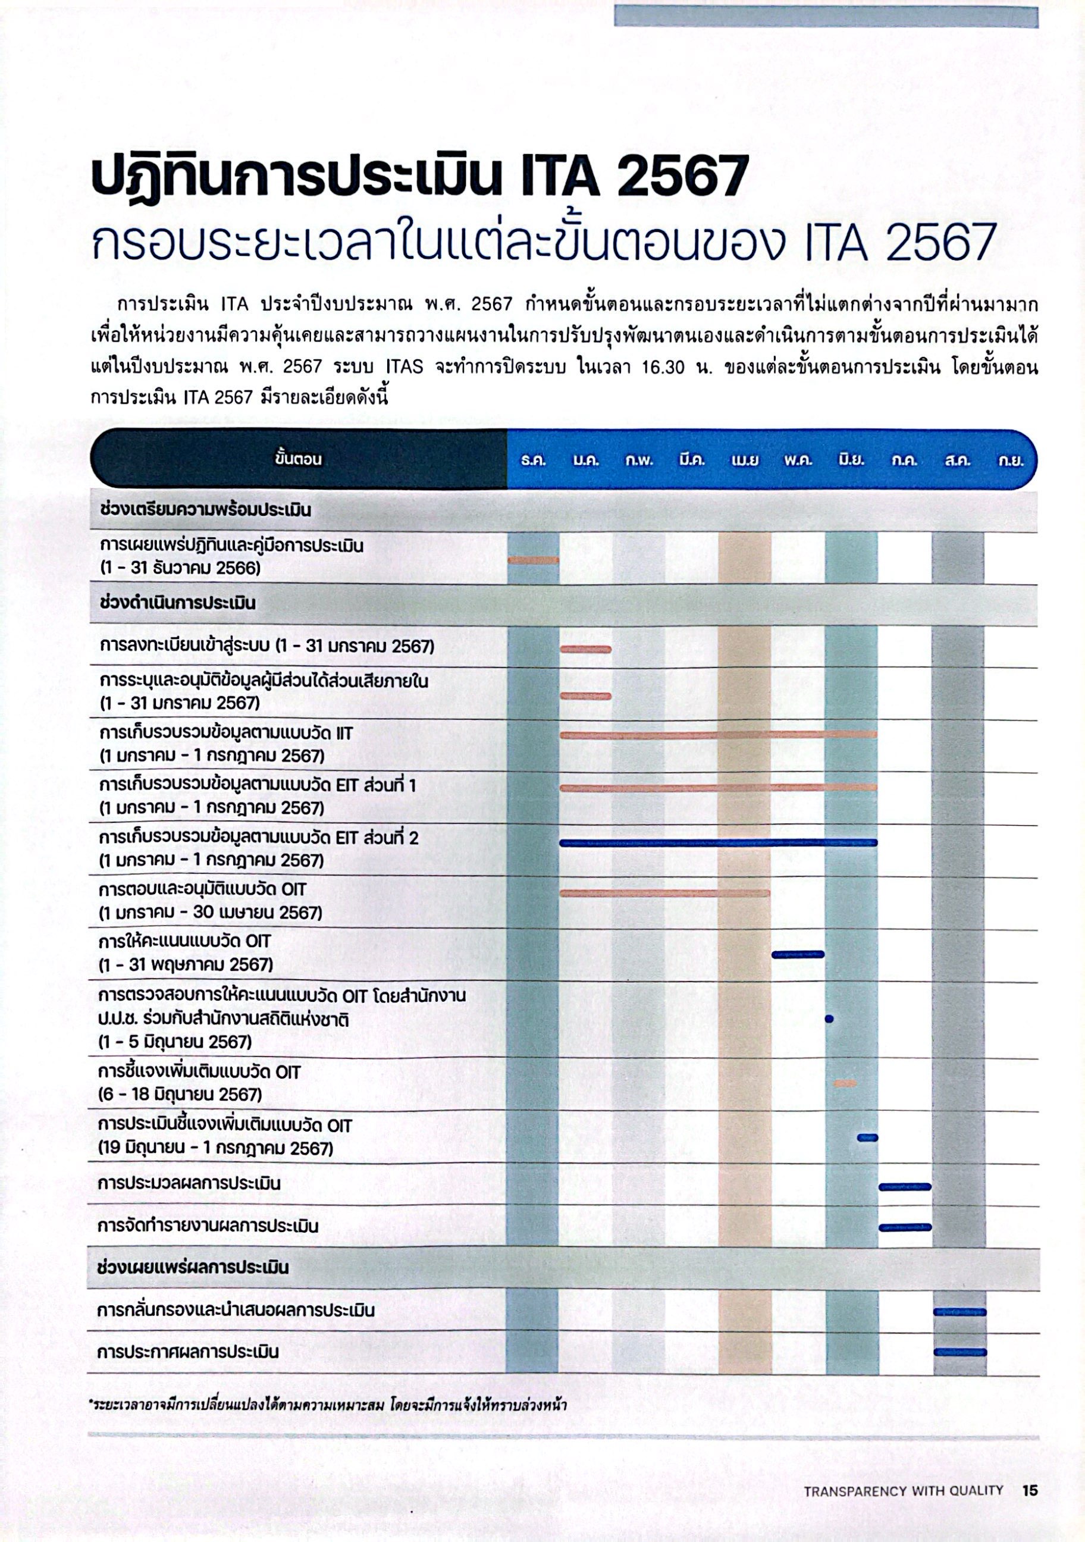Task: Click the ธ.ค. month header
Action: click(x=533, y=460)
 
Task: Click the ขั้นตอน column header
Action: click(x=298, y=459)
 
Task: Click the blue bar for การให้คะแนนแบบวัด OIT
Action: click(x=798, y=954)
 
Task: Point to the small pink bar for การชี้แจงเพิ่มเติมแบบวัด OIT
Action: click(x=845, y=1083)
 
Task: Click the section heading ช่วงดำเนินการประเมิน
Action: click(x=177, y=603)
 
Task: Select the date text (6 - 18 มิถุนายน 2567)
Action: click(x=180, y=1095)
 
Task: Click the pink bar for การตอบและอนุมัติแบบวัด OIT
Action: click(x=664, y=893)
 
